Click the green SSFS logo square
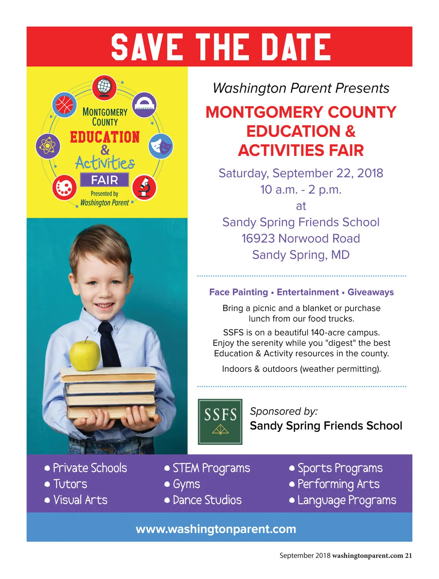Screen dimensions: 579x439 [220, 422]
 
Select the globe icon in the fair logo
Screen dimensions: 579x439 [104, 87]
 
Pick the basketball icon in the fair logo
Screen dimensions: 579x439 [64, 105]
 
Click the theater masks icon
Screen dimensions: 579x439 [161, 146]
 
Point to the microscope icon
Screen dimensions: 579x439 [144, 187]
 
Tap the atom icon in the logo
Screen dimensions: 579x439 [48, 146]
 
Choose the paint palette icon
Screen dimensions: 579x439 [64, 187]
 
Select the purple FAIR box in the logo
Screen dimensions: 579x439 [105, 180]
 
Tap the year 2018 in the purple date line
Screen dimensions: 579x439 [370, 173]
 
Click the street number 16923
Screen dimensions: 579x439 [258, 239]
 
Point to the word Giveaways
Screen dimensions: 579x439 [371, 292]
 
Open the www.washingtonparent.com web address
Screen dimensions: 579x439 [216, 529]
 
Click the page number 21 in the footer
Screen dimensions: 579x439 [408, 556]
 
